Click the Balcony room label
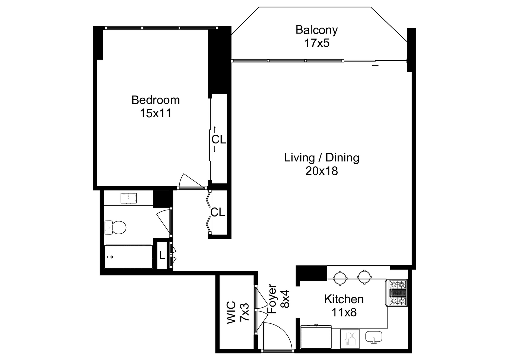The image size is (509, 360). pos(316,30)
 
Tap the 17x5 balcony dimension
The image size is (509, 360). pos(316,43)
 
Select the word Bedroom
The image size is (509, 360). pos(155,100)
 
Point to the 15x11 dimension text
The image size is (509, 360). pos(155,113)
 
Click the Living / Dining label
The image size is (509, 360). pos(321,157)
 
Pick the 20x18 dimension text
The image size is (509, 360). pos(321,171)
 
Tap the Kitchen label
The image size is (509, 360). pos(344,299)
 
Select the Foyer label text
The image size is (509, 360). pos(272,299)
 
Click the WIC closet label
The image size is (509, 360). pos(231,313)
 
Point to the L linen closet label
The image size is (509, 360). pos(162,256)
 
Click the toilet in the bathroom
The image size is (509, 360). pos(115,227)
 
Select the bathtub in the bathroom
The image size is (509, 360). pos(128,257)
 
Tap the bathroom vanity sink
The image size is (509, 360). pos(129,198)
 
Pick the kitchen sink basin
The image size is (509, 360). pos(373,337)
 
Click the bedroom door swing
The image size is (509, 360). pos(188,182)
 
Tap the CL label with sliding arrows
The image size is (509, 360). pos(219,139)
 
